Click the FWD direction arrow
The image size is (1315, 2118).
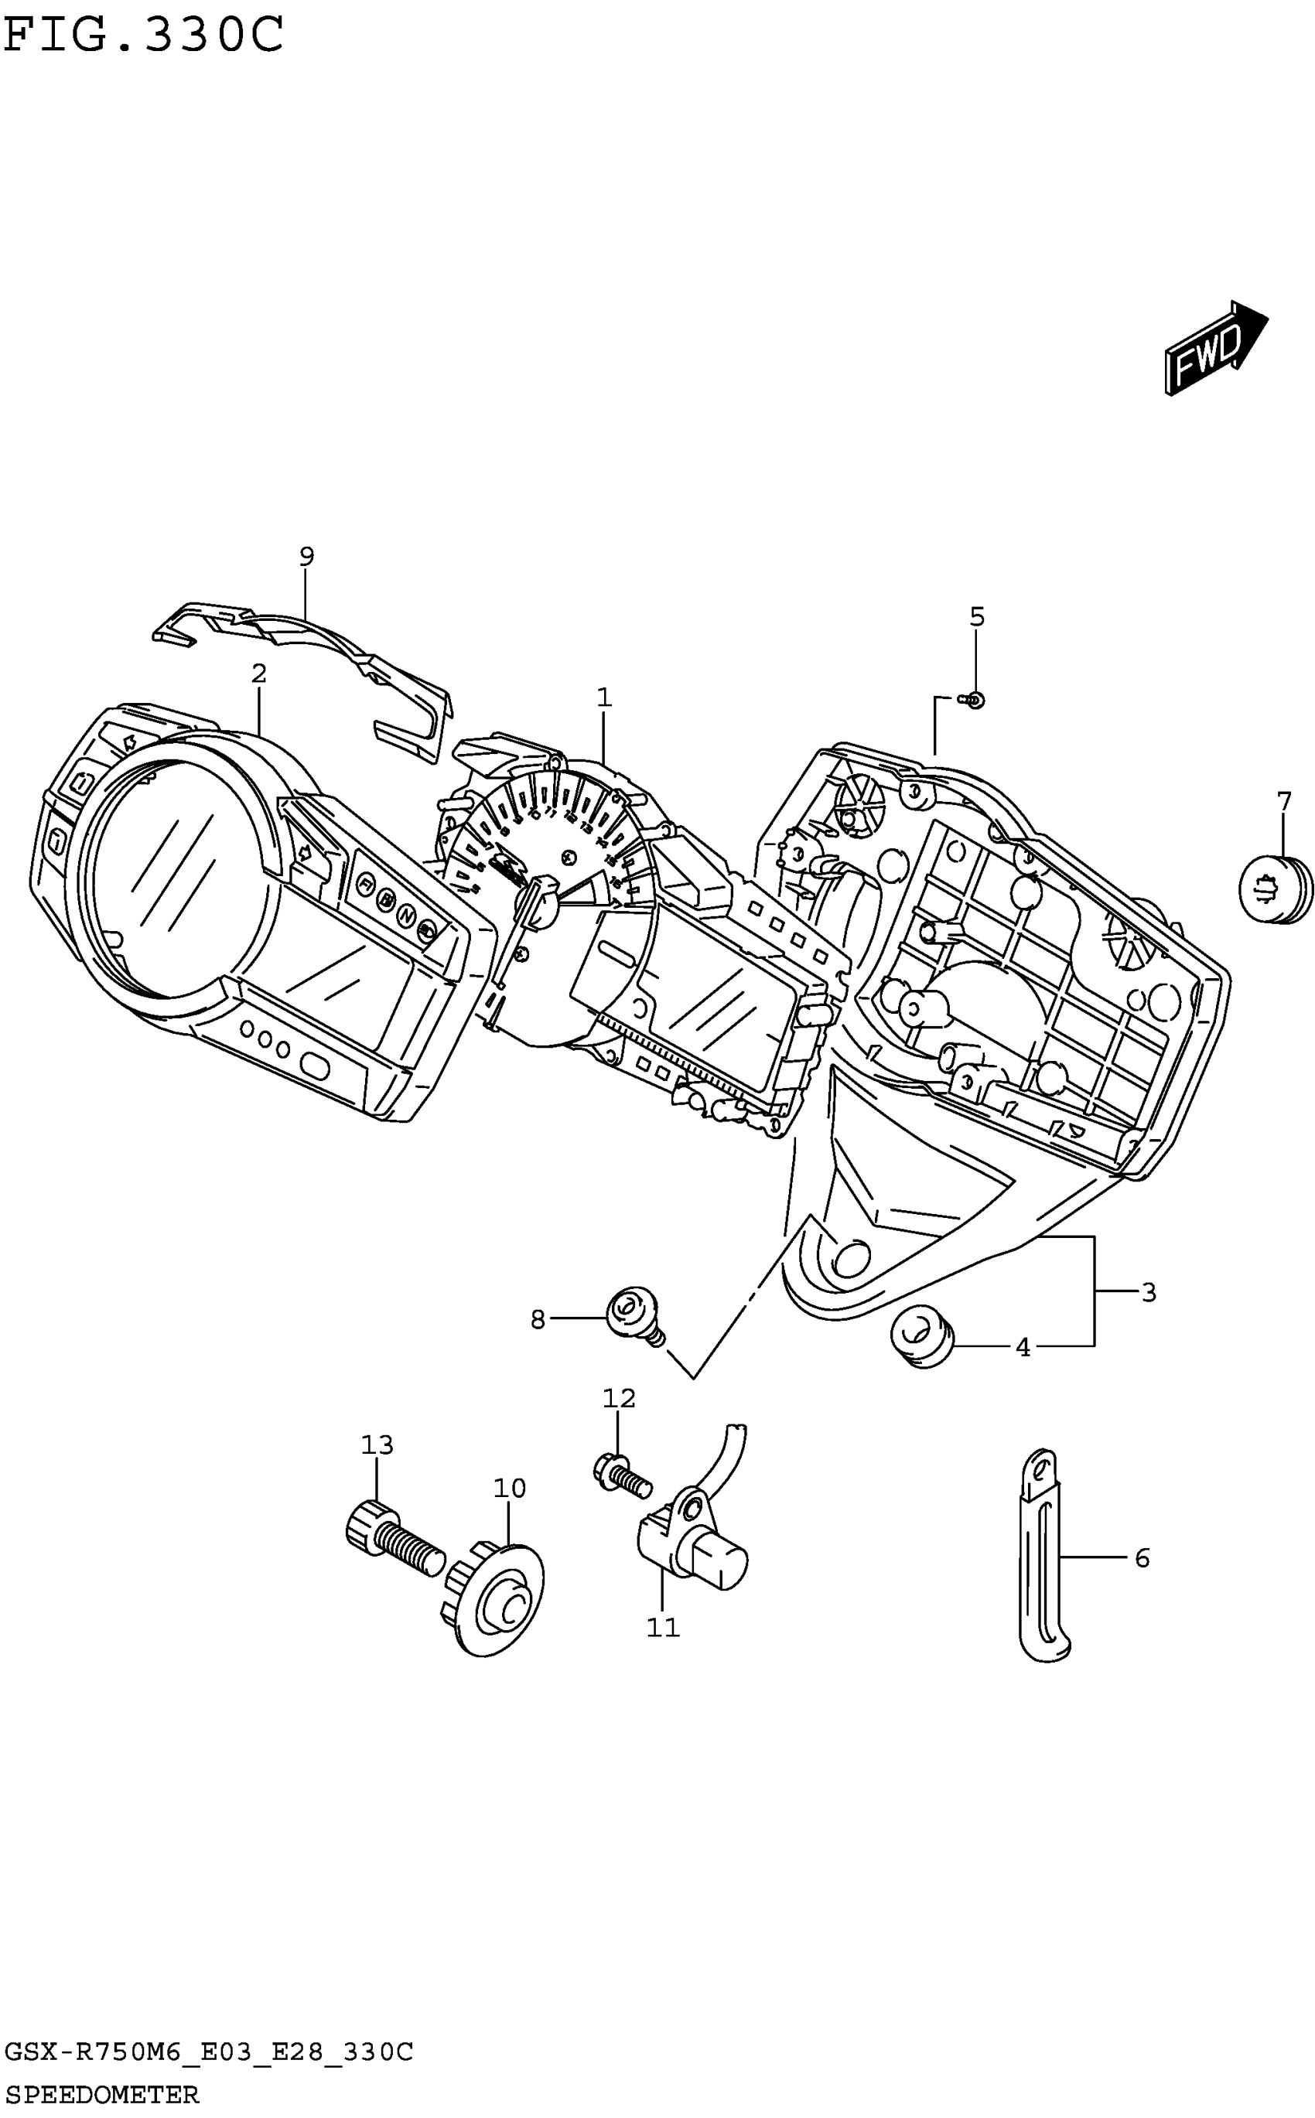[x=1215, y=349]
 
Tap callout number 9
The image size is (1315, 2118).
[x=306, y=557]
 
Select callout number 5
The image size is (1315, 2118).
[x=977, y=617]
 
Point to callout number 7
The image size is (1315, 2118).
[x=1284, y=801]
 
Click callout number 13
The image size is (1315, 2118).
[x=377, y=1445]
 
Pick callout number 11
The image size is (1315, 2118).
[x=663, y=1627]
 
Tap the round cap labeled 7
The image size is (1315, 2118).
[x=1275, y=888]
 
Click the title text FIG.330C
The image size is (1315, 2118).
[x=144, y=35]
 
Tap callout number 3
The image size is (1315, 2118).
[x=1148, y=1293]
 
